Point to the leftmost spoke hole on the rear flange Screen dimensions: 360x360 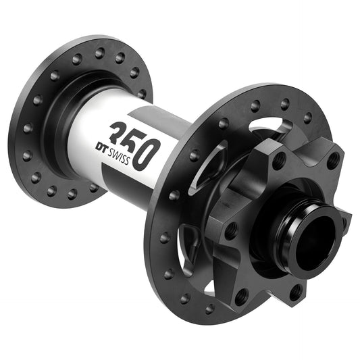click(x=26, y=128)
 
